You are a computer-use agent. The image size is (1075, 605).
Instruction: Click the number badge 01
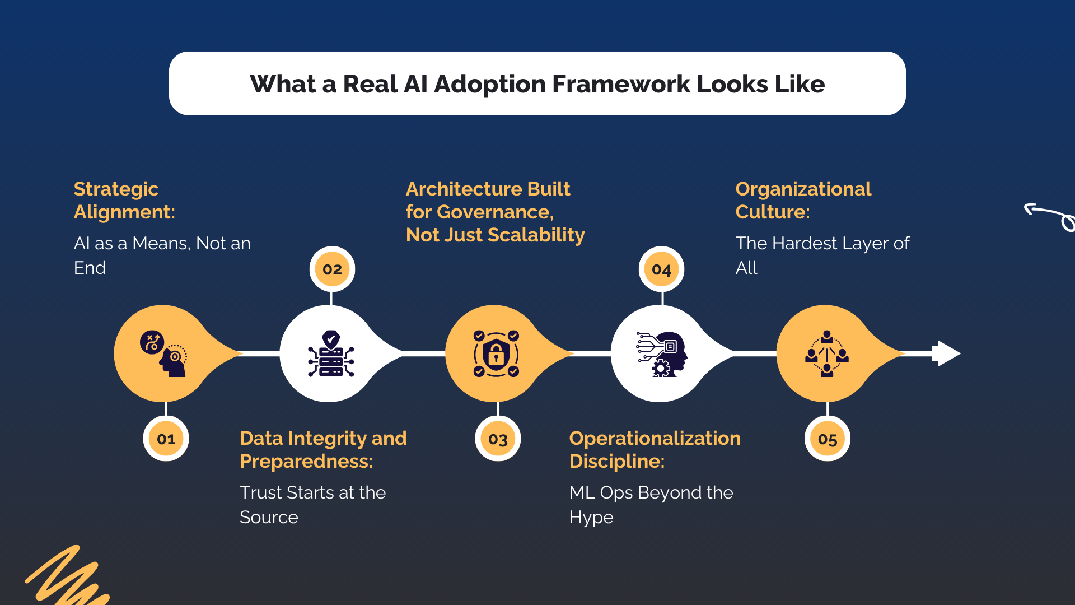(x=166, y=439)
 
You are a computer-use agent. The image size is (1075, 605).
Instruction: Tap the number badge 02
(x=332, y=269)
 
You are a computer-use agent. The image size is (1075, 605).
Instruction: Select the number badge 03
(x=498, y=439)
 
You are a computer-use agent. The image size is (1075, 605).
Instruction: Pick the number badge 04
(x=661, y=270)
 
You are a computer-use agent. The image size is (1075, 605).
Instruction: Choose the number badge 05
(x=827, y=439)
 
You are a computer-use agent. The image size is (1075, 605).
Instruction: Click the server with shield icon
(x=331, y=353)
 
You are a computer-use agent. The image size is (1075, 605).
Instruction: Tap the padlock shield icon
(x=496, y=353)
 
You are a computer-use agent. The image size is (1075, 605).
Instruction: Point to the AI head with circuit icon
(x=662, y=354)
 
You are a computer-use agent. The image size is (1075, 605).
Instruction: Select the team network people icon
(x=827, y=353)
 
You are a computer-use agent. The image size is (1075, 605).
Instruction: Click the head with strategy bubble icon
(x=163, y=353)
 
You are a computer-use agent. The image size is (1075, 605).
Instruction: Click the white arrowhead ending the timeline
(x=947, y=353)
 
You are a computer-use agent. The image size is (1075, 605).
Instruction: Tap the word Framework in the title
(x=621, y=84)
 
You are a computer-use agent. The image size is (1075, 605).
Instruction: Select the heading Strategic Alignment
(x=124, y=200)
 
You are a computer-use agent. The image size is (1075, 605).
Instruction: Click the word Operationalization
(x=655, y=438)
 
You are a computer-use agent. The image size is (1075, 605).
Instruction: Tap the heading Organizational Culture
(x=803, y=200)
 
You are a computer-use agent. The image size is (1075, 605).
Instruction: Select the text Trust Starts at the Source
(x=312, y=504)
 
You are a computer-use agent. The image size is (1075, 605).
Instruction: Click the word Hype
(x=591, y=517)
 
